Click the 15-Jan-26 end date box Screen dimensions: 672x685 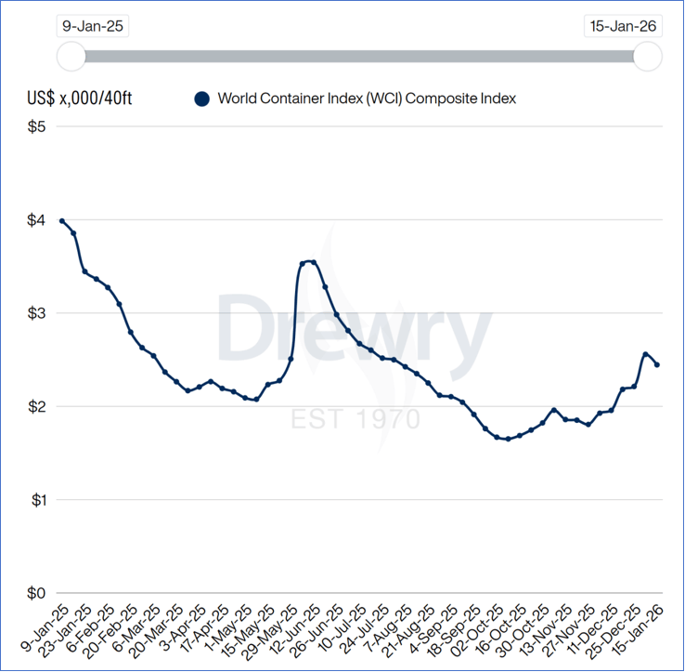click(623, 25)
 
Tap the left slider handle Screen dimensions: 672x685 click(71, 57)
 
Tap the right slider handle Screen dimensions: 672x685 click(647, 57)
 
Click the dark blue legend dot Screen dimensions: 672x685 click(201, 99)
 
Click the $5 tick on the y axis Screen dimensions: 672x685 click(35, 126)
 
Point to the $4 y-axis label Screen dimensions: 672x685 click(35, 220)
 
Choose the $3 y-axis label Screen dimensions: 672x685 click(35, 313)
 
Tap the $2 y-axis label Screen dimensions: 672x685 click(35, 407)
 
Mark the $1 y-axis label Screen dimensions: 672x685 click(35, 500)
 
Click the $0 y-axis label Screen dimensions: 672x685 click(35, 593)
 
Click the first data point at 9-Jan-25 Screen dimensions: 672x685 click(62, 221)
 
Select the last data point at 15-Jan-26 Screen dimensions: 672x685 click(657, 364)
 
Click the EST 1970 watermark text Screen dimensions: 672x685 click(355, 419)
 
